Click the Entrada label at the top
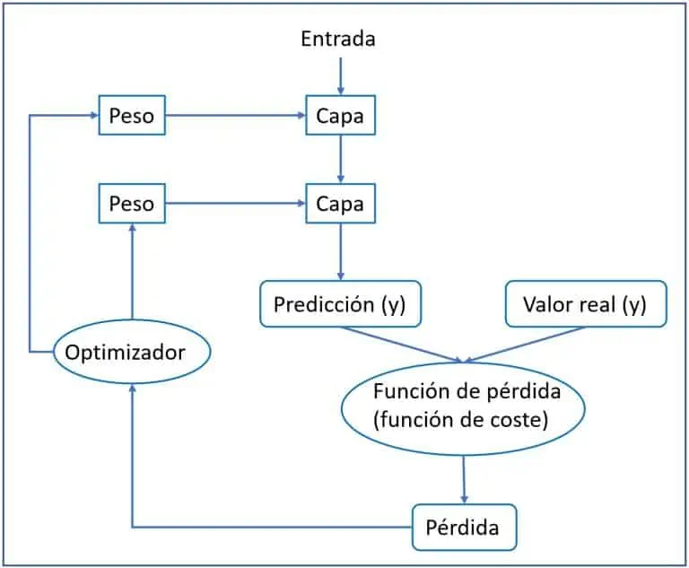click(338, 39)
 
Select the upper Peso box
click(132, 116)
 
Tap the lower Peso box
click(132, 204)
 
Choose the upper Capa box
click(340, 116)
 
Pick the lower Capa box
click(340, 204)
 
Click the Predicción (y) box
click(340, 304)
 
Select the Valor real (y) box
click(585, 304)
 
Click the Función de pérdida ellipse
click(462, 406)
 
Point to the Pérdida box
click(465, 527)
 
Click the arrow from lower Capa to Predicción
click(340, 252)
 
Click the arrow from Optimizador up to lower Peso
click(132, 274)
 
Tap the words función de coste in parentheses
click(462, 419)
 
